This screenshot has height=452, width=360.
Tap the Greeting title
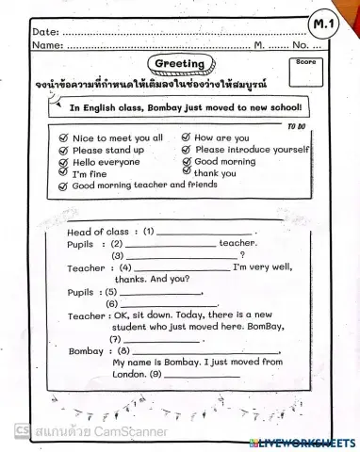point(180,63)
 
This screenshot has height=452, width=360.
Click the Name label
point(47,45)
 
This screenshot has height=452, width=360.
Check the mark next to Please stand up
point(64,150)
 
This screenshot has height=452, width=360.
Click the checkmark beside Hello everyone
point(64,162)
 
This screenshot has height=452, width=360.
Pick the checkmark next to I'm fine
point(64,174)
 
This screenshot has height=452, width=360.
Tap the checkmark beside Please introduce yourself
point(186,150)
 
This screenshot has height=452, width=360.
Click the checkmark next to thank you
point(186,173)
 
